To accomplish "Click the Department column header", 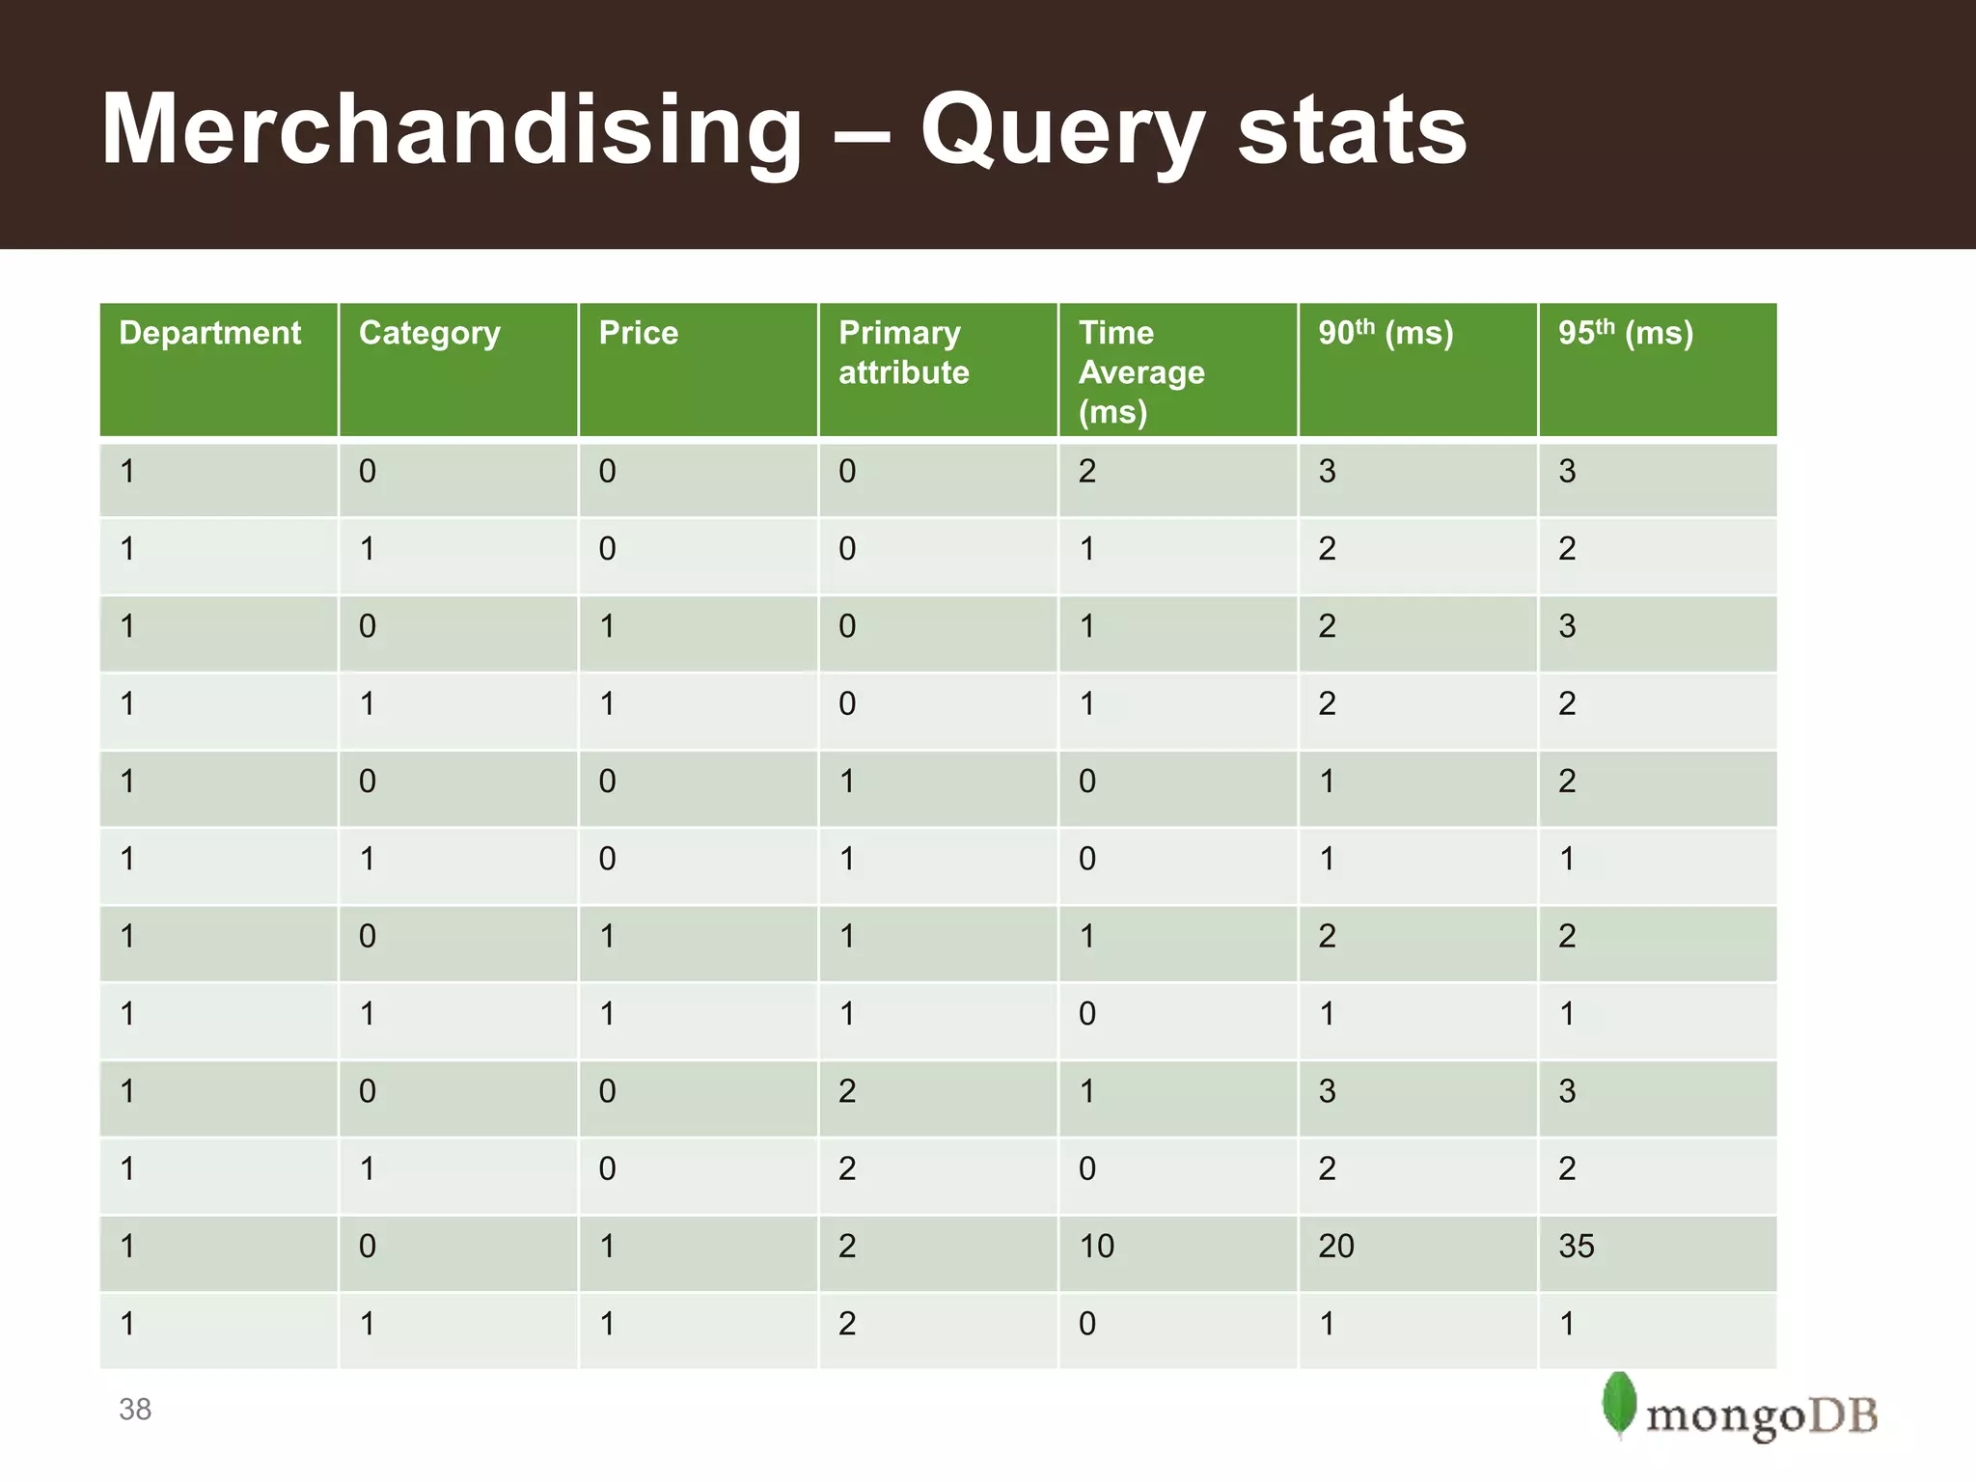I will (x=209, y=333).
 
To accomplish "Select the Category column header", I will (x=429, y=333).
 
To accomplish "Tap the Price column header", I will (x=638, y=333).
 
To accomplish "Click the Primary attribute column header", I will (x=903, y=352).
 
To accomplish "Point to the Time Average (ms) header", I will (x=1141, y=371).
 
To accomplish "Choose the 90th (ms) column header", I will (x=1386, y=333).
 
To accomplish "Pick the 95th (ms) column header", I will (x=1626, y=333).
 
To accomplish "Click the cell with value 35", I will (x=1577, y=1246).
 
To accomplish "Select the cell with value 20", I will (x=1336, y=1246).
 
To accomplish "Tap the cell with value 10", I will (x=1096, y=1246).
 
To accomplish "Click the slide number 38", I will (x=135, y=1410).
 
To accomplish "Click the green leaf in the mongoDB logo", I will (x=1619, y=1404).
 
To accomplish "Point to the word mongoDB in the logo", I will (x=1762, y=1416).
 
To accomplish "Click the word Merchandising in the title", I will (x=452, y=130).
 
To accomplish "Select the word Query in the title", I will (x=1061, y=130).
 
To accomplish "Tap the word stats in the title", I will (x=1352, y=130).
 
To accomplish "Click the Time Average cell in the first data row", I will (x=1087, y=472).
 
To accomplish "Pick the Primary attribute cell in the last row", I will (x=847, y=1324).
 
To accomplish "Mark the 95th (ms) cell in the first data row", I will (x=1567, y=472).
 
